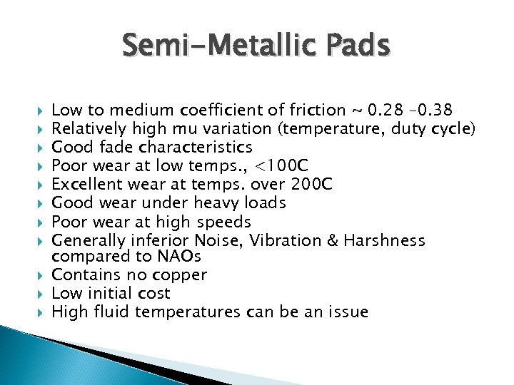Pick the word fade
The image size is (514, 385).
pyautogui.click(x=116, y=148)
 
